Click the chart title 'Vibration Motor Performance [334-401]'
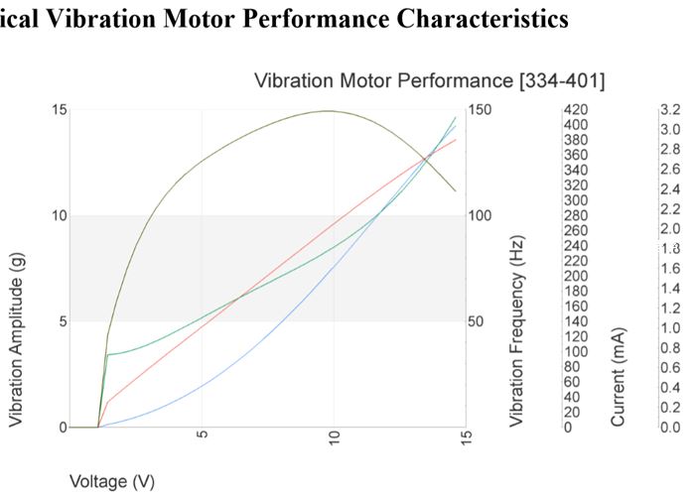click(x=429, y=79)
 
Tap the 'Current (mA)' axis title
click(x=619, y=375)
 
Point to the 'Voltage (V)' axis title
click(x=111, y=482)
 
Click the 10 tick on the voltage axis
click(x=335, y=439)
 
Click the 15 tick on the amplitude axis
click(x=59, y=109)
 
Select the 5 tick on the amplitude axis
click(x=62, y=321)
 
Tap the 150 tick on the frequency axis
click(x=482, y=109)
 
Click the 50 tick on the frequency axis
click(x=479, y=321)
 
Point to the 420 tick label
click(x=576, y=109)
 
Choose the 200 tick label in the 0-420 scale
click(x=576, y=276)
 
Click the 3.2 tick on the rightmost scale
click(x=669, y=109)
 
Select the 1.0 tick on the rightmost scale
click(x=669, y=328)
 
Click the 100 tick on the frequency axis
click(x=482, y=215)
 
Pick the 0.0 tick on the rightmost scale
click(x=669, y=428)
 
